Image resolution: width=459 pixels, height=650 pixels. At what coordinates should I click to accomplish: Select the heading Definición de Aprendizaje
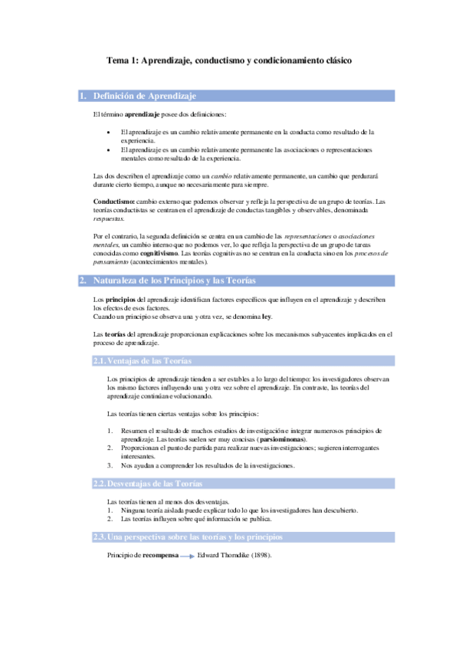[x=145, y=96]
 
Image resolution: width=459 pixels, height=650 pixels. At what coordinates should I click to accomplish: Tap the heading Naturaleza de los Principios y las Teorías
[x=179, y=281]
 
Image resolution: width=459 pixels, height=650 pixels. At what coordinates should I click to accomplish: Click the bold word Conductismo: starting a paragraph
[x=107, y=202]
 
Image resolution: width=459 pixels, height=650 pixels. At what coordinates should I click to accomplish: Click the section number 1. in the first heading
[x=83, y=96]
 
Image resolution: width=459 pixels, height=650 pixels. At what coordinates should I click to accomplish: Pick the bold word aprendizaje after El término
[x=142, y=114]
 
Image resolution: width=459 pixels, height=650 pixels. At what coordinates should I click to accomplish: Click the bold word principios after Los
[x=120, y=299]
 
